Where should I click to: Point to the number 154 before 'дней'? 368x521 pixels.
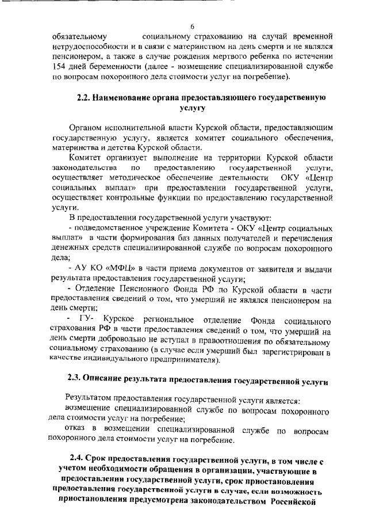59,67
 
